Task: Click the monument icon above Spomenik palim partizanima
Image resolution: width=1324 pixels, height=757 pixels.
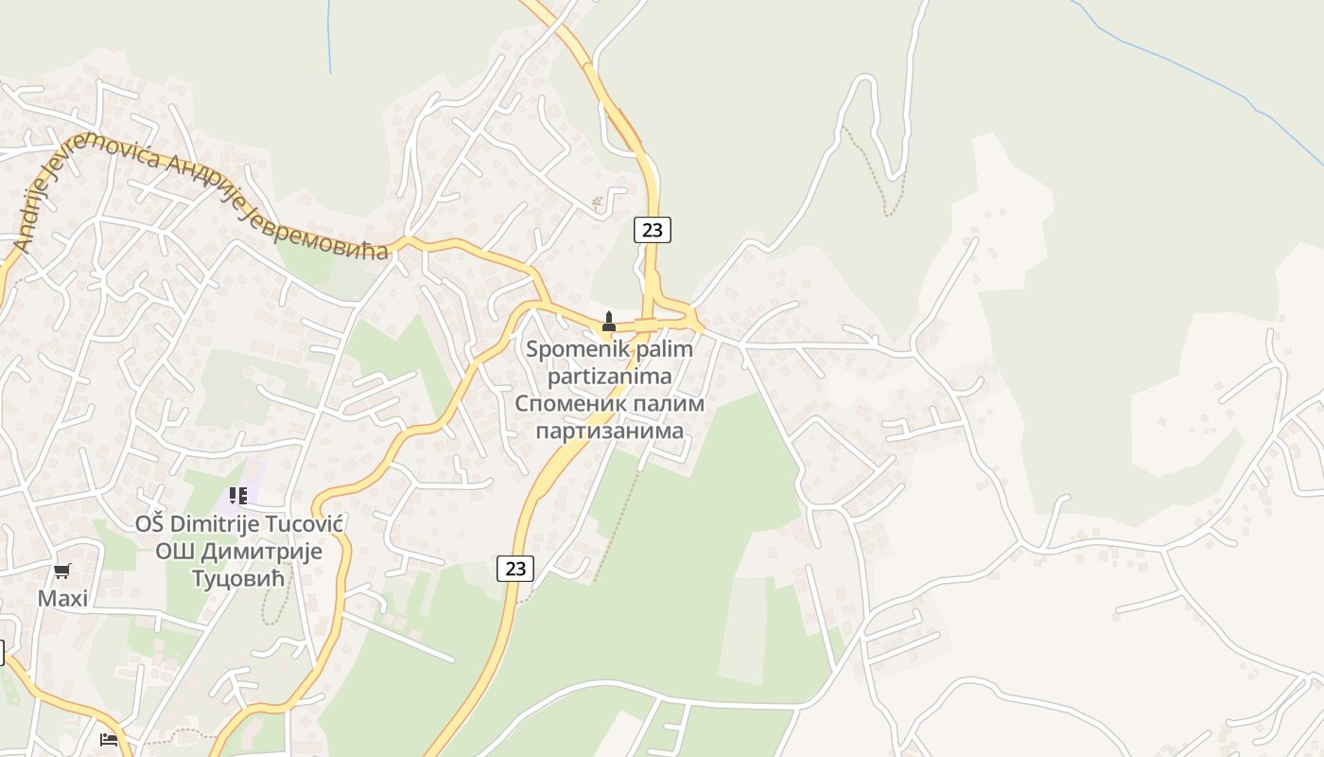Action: tap(609, 322)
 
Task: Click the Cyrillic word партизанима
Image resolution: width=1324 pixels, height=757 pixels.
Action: tap(609, 431)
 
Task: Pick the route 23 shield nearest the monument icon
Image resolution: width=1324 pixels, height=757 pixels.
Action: tap(652, 229)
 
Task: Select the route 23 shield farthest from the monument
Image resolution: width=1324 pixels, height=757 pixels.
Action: tap(514, 569)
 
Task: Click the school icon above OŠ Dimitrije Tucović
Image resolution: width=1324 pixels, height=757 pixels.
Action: tap(237, 495)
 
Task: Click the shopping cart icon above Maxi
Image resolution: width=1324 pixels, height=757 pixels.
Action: tap(62, 571)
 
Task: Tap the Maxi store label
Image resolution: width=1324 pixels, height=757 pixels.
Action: tap(62, 598)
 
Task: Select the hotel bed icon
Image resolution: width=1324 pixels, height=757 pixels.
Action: tap(109, 739)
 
